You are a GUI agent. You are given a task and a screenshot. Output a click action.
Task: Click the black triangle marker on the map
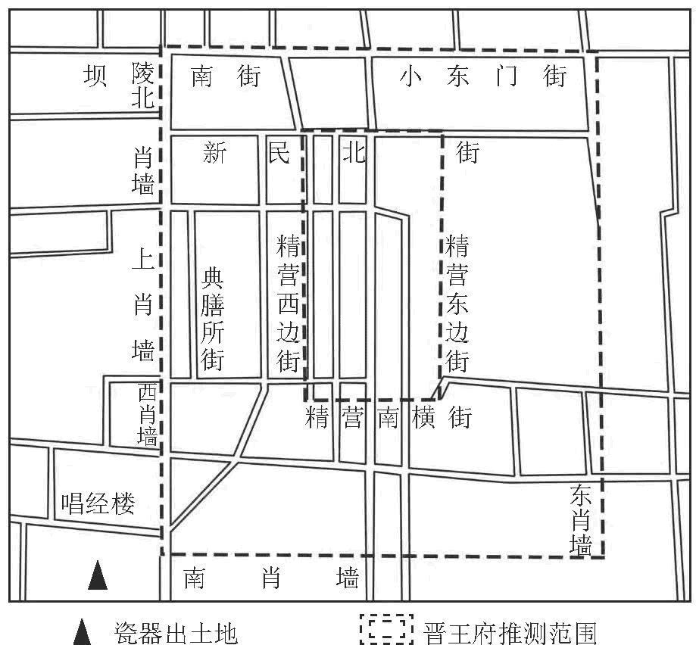(98, 575)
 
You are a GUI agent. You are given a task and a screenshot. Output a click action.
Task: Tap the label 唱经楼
(98, 503)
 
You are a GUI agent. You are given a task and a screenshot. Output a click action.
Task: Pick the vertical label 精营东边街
(457, 303)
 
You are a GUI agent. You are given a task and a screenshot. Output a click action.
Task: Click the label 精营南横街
(389, 417)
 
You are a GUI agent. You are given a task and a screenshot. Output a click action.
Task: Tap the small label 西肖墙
(148, 415)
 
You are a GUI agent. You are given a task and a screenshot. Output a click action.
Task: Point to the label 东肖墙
(582, 520)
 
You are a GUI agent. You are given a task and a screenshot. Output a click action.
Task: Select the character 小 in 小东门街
(410, 76)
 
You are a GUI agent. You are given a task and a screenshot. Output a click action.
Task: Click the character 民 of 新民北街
(278, 154)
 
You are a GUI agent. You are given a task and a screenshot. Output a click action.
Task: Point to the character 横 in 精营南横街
(423, 417)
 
